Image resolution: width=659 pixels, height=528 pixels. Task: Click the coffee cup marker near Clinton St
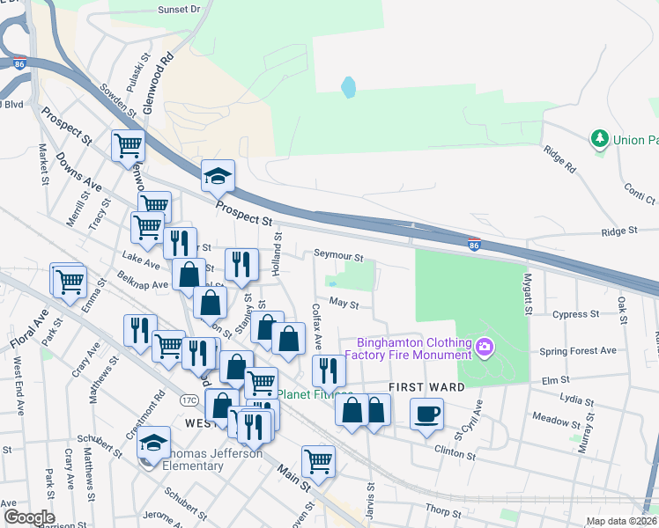pos(427,414)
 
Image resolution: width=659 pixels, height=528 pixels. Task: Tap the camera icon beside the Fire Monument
pos(484,348)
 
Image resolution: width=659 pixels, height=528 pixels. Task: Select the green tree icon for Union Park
pos(600,139)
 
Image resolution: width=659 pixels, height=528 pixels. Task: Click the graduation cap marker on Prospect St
pos(217,177)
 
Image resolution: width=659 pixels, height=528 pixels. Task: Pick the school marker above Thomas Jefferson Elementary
pos(154,443)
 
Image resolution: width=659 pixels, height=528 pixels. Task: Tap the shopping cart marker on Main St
pos(317,459)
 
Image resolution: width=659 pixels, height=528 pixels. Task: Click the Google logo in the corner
pos(28,517)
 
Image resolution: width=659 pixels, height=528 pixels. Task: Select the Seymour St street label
pos(339,256)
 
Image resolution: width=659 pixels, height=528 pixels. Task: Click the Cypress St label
pos(576,313)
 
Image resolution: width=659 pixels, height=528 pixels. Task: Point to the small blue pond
pos(349,87)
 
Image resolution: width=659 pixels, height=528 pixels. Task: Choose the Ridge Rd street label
pos(559,159)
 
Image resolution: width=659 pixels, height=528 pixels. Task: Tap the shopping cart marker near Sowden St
pos(128,145)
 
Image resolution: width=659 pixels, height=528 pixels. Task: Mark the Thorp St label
pos(438,510)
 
